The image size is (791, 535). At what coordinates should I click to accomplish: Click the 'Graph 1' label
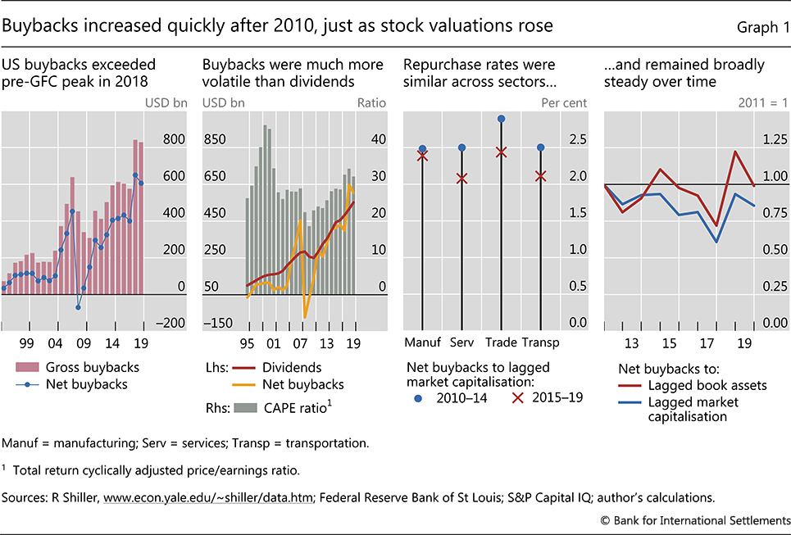tap(757, 26)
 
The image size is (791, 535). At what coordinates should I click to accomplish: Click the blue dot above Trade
tap(502, 119)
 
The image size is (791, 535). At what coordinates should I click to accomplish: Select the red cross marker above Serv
tap(461, 178)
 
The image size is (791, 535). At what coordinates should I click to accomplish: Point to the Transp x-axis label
tap(541, 342)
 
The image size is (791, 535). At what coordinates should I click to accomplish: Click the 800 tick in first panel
tap(174, 140)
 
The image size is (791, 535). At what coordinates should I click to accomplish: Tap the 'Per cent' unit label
tap(561, 104)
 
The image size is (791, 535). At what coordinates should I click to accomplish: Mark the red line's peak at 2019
tap(735, 152)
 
